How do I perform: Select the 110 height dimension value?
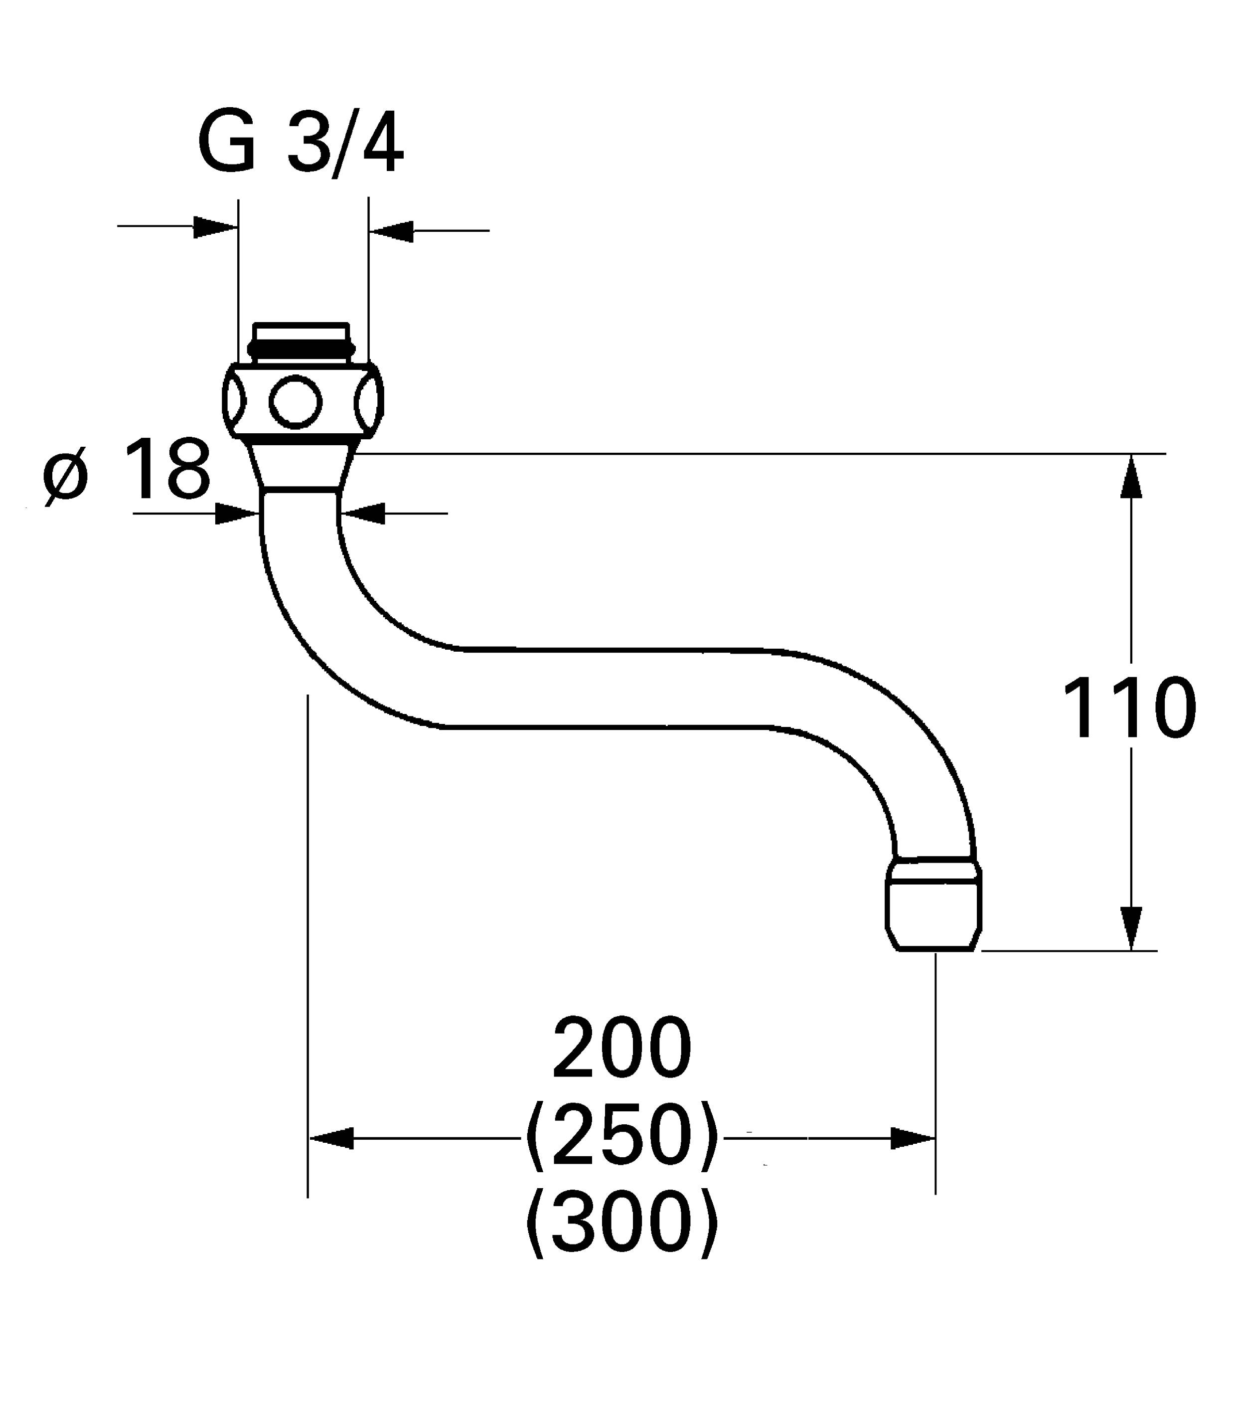[x=1129, y=708]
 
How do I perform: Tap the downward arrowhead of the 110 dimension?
[x=1131, y=928]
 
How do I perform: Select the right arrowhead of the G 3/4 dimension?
[x=391, y=231]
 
